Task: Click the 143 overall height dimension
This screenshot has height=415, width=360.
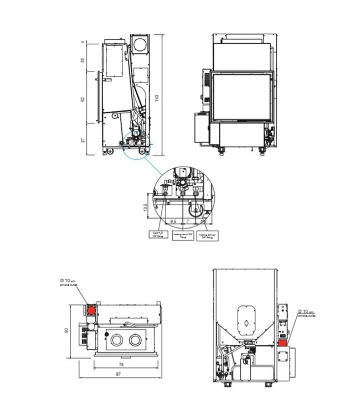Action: [157, 97]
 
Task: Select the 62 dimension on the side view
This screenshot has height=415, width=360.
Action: [82, 99]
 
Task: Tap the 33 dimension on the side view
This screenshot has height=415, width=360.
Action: [82, 59]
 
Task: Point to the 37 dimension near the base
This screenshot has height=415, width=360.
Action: [82, 141]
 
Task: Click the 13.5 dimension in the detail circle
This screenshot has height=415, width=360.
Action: [145, 207]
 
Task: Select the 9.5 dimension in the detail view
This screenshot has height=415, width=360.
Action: [173, 221]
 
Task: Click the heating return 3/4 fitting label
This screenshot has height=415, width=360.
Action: [182, 235]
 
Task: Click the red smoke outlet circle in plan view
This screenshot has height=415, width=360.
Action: [90, 310]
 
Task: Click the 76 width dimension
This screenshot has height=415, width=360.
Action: [121, 365]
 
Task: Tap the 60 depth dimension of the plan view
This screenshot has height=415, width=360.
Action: [66, 330]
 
